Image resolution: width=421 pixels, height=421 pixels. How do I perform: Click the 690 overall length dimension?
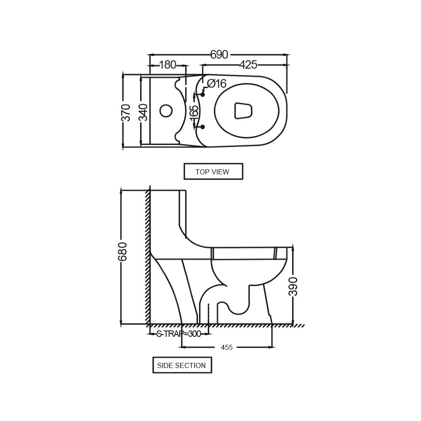(219, 55)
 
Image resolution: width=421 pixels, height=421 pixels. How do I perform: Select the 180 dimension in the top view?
(168, 65)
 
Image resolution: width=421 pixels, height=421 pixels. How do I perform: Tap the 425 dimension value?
(248, 65)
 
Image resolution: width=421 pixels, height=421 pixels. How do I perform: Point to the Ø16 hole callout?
(217, 83)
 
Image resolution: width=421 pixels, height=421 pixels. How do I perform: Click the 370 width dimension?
(126, 112)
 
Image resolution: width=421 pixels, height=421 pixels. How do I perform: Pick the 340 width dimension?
(144, 112)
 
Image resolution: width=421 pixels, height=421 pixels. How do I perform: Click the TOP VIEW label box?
(214, 171)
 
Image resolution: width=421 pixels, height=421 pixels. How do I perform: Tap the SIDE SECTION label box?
(182, 365)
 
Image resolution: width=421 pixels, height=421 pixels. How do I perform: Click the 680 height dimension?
(122, 252)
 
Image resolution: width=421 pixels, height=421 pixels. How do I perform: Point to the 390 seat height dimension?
(293, 286)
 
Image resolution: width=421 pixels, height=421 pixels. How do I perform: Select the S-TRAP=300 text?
(179, 334)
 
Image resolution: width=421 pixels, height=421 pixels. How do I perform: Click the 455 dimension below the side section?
(227, 347)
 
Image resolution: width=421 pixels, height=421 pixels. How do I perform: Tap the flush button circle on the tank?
(166, 111)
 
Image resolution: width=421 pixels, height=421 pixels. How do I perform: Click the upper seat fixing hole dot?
(203, 95)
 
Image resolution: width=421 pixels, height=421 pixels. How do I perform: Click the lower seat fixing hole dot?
(203, 127)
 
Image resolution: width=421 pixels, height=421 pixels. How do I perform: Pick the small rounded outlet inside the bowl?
(243, 110)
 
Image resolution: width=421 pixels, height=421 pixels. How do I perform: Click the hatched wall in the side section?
(148, 257)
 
